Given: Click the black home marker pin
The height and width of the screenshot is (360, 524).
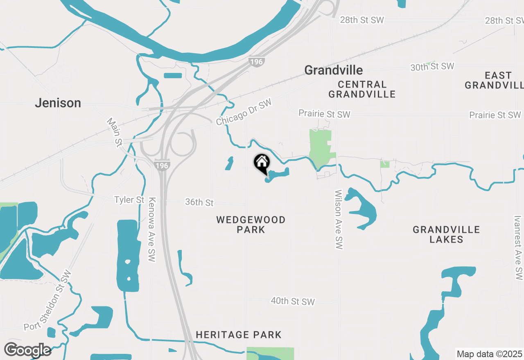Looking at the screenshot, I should pyautogui.click(x=262, y=163).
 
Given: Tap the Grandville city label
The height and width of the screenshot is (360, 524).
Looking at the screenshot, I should pyautogui.click(x=333, y=70).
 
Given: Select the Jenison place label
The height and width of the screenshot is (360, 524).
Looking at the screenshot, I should pyautogui.click(x=58, y=103).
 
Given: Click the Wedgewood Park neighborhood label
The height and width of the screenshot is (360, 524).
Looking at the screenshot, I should pyautogui.click(x=251, y=225).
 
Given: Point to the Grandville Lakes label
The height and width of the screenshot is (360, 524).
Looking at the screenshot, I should pyautogui.click(x=446, y=234).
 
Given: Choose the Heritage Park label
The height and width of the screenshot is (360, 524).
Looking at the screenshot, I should pyautogui.click(x=239, y=335).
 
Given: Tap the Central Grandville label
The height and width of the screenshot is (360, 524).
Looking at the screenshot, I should pyautogui.click(x=362, y=89).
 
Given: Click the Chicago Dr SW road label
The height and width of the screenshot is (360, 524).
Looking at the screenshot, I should pyautogui.click(x=244, y=112).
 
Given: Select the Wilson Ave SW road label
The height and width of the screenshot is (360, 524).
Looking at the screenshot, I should pyautogui.click(x=338, y=219).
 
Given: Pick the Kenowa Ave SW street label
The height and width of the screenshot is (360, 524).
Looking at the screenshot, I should pyautogui.click(x=152, y=229).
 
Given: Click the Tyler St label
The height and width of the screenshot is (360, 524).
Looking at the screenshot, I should pyautogui.click(x=129, y=200).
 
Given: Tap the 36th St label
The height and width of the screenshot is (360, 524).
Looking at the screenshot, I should pyautogui.click(x=199, y=202).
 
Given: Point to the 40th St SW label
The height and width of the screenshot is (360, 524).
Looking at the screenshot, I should pyautogui.click(x=293, y=301).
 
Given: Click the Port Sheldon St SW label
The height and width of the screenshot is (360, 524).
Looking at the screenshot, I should pyautogui.click(x=47, y=301).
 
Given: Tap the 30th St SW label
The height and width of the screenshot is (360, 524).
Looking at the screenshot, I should pyautogui.click(x=432, y=67).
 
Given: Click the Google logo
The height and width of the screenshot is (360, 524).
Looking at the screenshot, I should pyautogui.click(x=27, y=350).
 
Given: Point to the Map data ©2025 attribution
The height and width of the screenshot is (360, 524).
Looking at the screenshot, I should pyautogui.click(x=489, y=354).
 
